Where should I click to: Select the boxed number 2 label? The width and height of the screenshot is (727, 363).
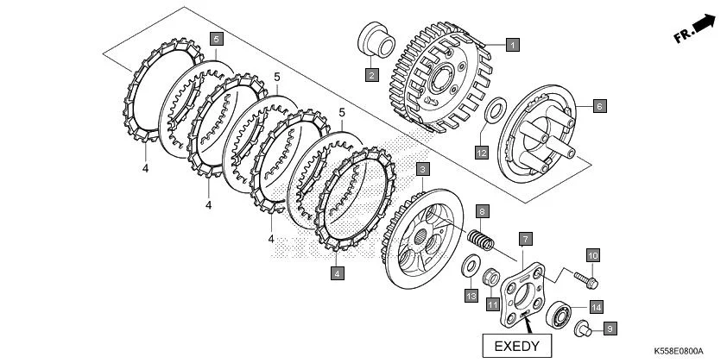point(370,76)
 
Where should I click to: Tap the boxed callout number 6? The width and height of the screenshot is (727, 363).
point(599,106)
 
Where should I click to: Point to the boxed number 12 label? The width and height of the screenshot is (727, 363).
point(482,153)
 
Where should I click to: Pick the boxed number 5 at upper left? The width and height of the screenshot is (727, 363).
point(216,39)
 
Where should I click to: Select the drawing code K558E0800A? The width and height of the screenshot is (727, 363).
point(678,352)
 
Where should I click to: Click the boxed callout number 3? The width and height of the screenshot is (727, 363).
point(422,169)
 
